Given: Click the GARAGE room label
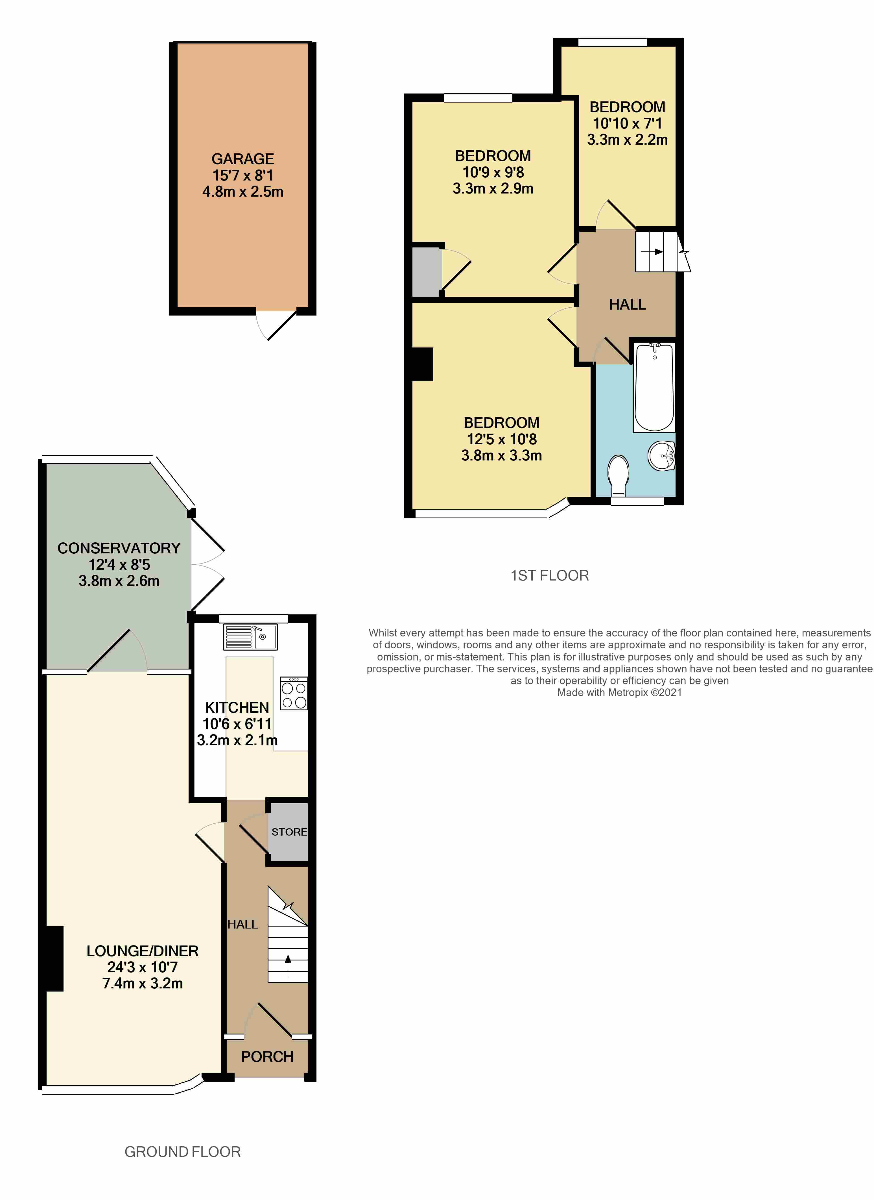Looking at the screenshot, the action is [243, 159].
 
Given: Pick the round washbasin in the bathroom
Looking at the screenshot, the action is [662, 455].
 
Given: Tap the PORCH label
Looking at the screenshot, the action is [267, 1056].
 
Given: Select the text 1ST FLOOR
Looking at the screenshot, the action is [550, 575].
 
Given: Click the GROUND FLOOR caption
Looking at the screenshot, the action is [183, 1152].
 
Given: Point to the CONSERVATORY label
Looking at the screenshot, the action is [119, 548].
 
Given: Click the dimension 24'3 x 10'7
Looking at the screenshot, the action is [142, 967].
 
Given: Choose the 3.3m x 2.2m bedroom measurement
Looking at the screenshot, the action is [628, 140].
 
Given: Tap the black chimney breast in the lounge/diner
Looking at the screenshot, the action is [55, 959].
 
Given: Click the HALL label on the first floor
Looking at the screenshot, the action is [628, 304].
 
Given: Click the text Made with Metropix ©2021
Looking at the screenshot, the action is [620, 692].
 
